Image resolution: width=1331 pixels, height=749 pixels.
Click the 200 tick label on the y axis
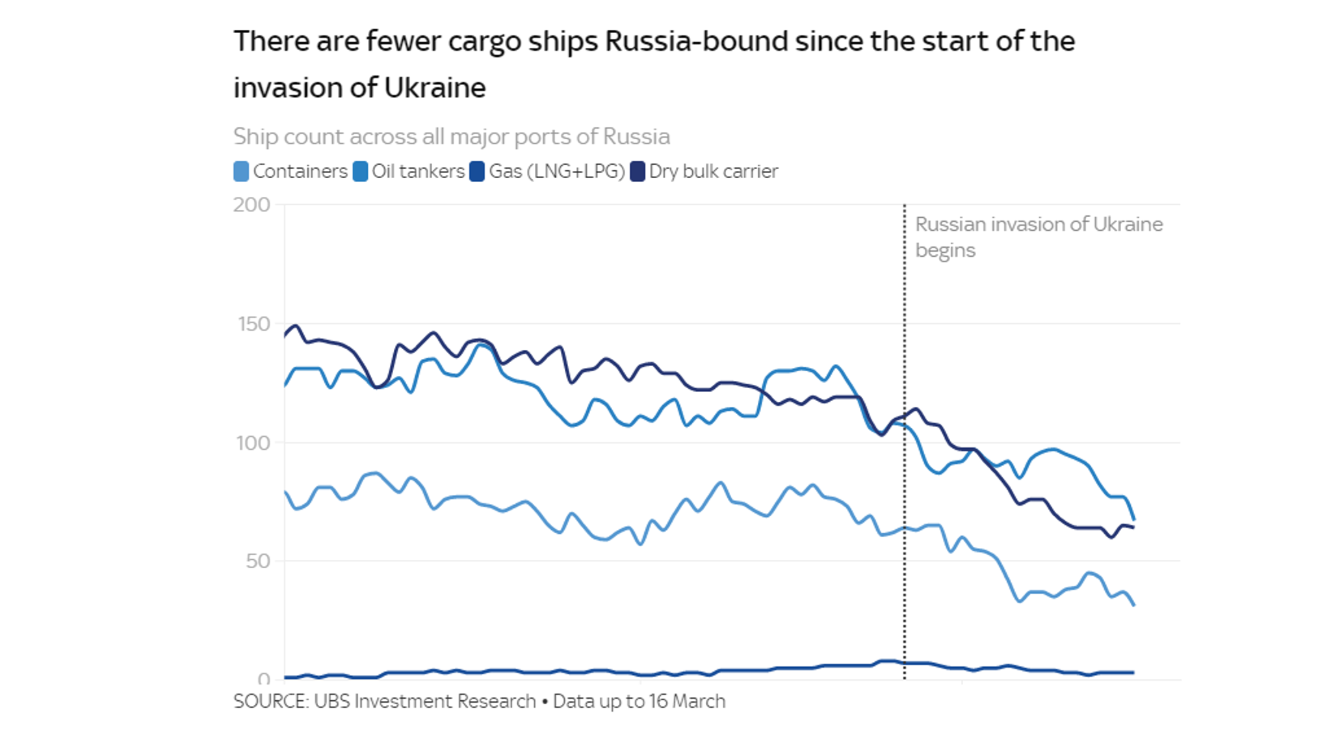(x=252, y=205)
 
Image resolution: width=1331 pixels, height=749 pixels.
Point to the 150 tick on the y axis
(x=253, y=324)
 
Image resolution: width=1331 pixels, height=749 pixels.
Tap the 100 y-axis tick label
(x=253, y=443)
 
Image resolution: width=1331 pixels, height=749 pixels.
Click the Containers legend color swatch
(x=241, y=172)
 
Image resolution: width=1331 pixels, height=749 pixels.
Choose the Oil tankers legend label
(x=418, y=172)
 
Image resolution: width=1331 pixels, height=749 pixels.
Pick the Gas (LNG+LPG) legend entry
(x=556, y=172)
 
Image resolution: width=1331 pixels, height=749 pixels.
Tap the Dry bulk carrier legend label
(x=713, y=172)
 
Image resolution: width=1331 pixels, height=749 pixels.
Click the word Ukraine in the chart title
(x=435, y=88)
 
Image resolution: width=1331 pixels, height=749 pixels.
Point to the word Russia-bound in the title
(x=696, y=42)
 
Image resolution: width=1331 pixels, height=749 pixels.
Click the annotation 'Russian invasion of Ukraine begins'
(x=1038, y=237)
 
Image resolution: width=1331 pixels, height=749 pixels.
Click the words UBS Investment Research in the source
(x=424, y=701)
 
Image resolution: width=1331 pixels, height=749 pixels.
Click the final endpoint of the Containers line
(x=1134, y=605)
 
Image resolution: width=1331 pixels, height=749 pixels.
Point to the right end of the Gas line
(x=1134, y=672)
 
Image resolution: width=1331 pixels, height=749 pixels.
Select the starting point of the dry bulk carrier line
(x=285, y=335)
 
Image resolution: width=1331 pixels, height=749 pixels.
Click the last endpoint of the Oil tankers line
(x=1134, y=519)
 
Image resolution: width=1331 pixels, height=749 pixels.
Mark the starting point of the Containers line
(x=285, y=492)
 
